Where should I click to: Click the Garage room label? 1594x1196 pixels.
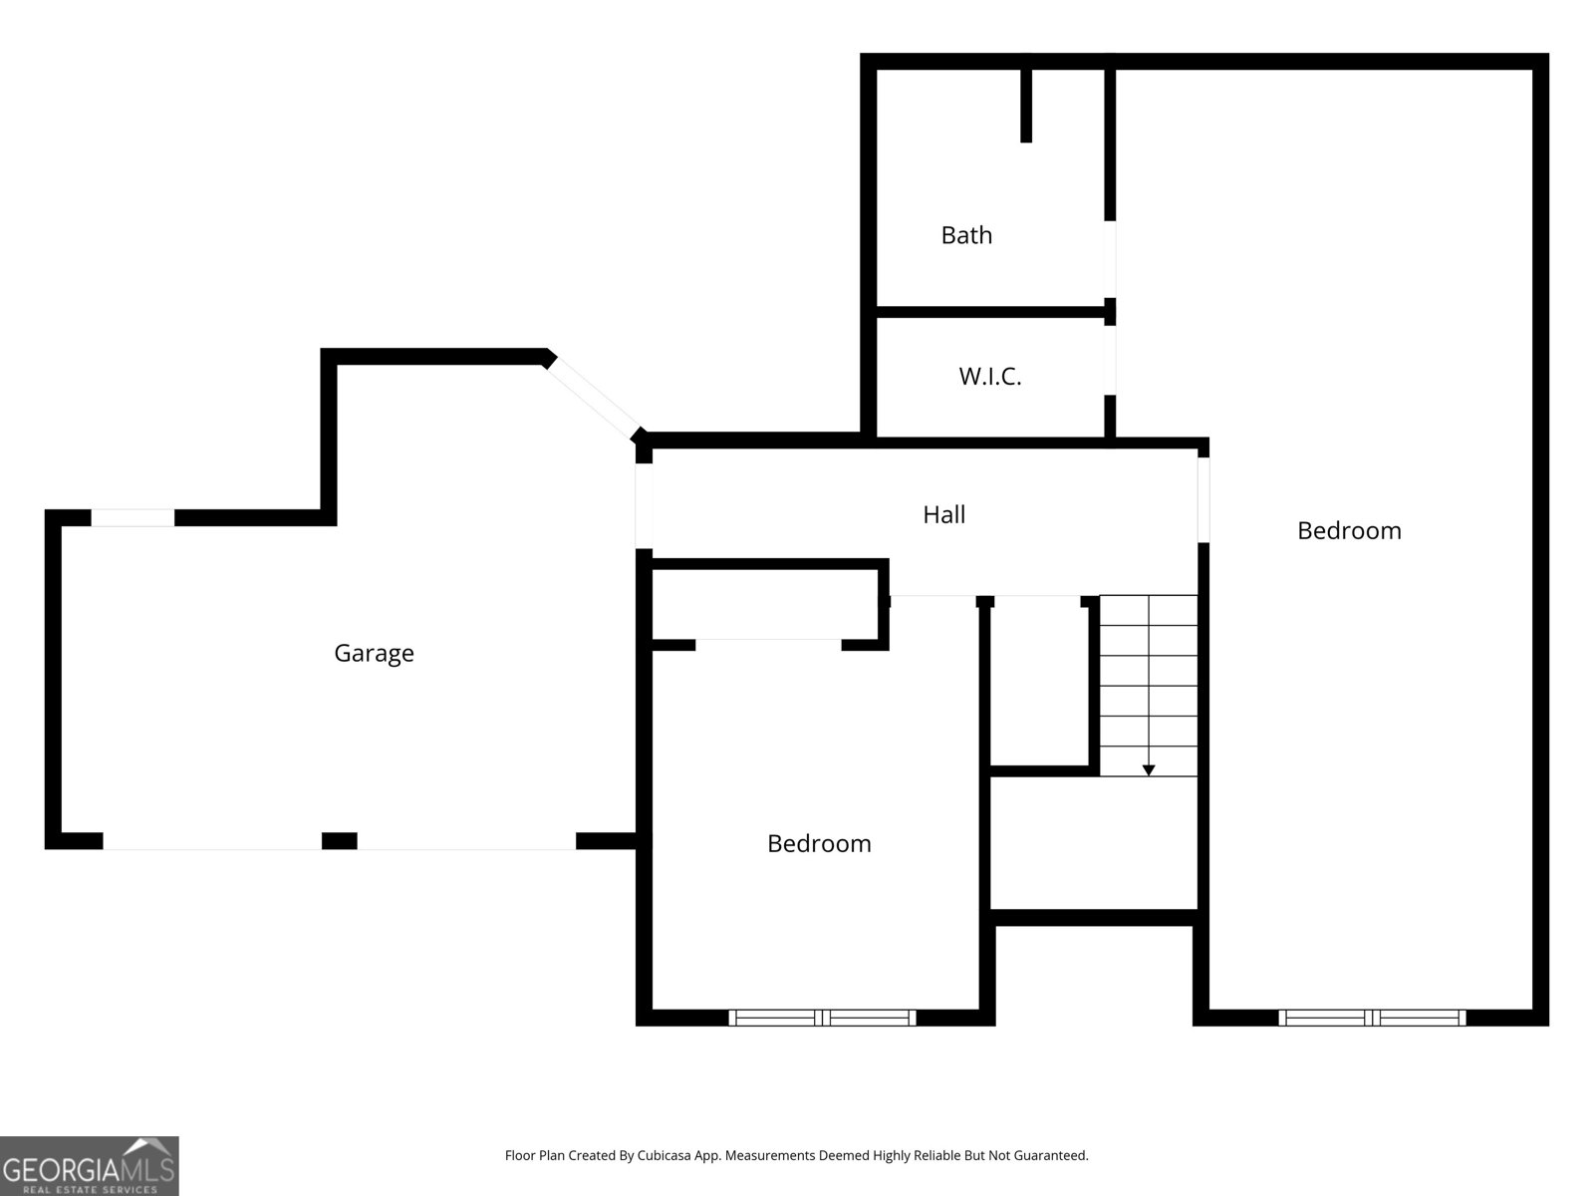coord(374,653)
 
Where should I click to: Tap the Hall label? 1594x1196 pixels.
coord(943,514)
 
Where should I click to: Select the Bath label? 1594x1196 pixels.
coord(966,235)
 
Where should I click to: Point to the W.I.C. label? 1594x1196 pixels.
coord(990,377)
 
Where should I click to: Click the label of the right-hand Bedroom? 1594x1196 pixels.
coord(1349,530)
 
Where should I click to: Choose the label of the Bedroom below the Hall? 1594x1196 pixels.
coord(819,843)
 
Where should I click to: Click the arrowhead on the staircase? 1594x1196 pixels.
coord(1149,769)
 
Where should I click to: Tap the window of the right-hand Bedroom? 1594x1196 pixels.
coord(1372,1018)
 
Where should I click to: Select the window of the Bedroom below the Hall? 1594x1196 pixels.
coord(822,1018)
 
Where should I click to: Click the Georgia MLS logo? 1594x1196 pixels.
coord(90,1166)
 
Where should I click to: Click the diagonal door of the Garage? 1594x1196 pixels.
coord(594,398)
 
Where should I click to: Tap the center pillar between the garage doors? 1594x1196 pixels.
coord(339,841)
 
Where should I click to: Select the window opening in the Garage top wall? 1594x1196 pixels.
coord(133,517)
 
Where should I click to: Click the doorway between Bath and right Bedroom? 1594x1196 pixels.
coord(1110,259)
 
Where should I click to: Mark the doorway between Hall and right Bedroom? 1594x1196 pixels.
coord(1203,498)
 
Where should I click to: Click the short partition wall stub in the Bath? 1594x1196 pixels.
coord(1026,105)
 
